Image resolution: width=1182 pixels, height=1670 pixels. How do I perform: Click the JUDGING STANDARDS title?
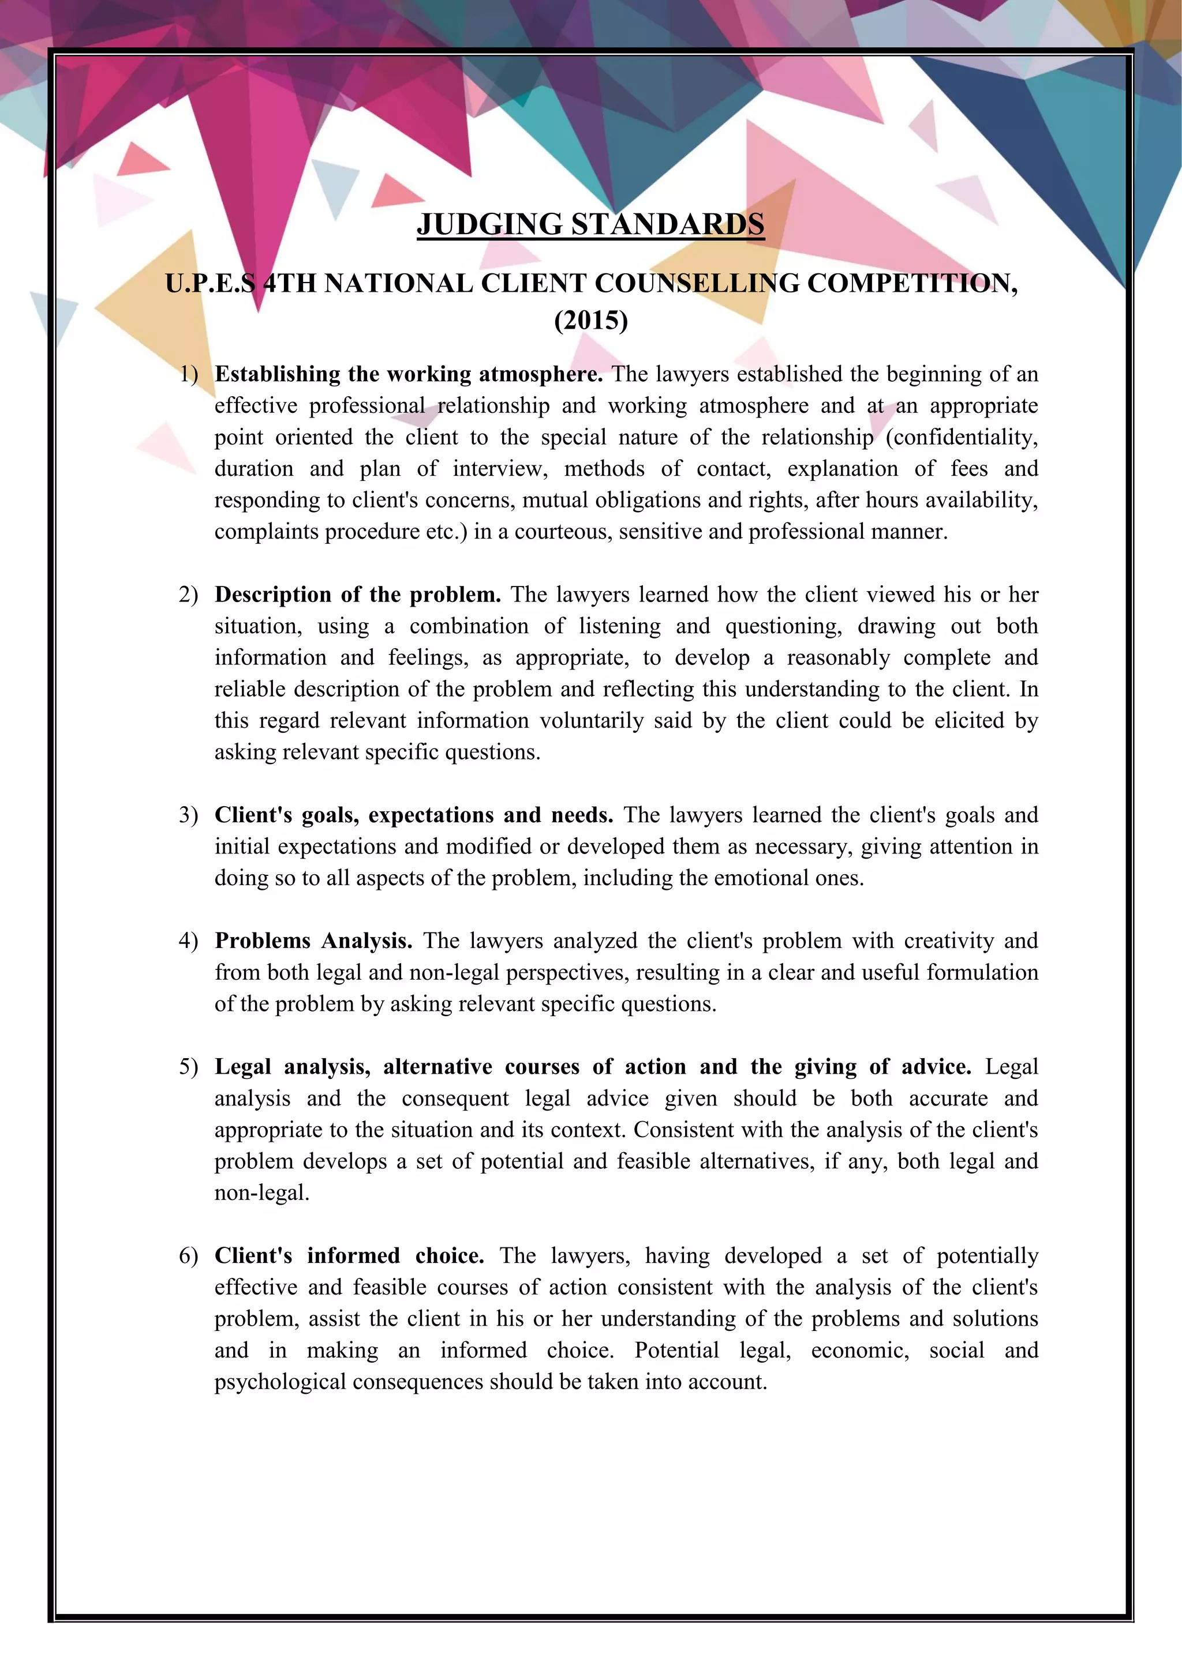tap(590, 224)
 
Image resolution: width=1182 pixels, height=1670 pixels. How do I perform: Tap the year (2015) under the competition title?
tap(590, 319)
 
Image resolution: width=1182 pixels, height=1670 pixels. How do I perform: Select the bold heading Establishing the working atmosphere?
tap(408, 374)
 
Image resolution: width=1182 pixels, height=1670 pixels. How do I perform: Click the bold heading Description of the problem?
tap(357, 595)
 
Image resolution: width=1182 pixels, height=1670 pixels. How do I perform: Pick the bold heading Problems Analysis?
tap(313, 941)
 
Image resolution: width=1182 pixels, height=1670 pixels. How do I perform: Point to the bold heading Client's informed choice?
tap(349, 1255)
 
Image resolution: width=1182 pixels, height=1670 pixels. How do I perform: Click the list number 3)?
tap(189, 815)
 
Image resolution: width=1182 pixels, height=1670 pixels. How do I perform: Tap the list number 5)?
tap(189, 1066)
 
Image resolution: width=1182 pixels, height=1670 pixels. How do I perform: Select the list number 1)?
tap(189, 374)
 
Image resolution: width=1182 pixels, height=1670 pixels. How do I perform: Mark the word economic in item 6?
tap(861, 1350)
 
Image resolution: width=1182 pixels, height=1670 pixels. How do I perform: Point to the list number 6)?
tap(189, 1255)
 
